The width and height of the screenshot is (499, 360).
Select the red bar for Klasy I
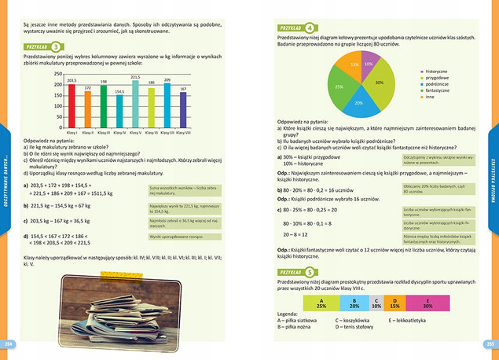click(x=71, y=106)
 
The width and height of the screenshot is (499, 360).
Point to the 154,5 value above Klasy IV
click(x=119, y=92)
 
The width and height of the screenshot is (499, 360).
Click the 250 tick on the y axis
click(x=58, y=72)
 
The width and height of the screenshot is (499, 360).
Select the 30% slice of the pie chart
click(x=379, y=82)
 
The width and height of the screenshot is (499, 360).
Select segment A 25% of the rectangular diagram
click(x=299, y=303)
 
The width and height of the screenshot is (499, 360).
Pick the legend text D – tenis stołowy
click(x=358, y=328)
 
